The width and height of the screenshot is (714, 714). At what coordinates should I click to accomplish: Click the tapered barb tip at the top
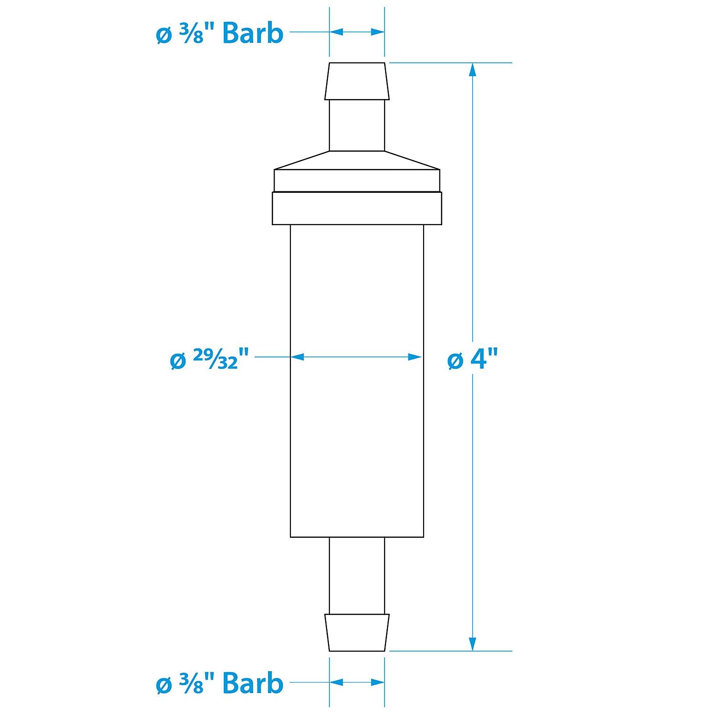(357, 81)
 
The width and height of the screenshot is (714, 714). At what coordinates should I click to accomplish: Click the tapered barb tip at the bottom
(357, 632)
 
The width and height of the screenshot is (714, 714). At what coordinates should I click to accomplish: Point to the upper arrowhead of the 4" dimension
(472, 70)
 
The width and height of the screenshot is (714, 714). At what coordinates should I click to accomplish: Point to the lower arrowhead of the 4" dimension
(472, 644)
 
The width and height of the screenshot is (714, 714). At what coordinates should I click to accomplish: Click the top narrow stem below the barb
(357, 125)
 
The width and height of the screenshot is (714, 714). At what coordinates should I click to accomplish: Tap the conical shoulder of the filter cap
(357, 160)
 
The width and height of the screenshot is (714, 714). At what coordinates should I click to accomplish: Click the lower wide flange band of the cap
(357, 208)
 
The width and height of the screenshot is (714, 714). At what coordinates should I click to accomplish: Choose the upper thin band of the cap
(357, 180)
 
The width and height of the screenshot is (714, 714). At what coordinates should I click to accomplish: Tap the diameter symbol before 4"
(455, 361)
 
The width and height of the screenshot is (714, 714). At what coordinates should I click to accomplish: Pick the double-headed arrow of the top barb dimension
(357, 32)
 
